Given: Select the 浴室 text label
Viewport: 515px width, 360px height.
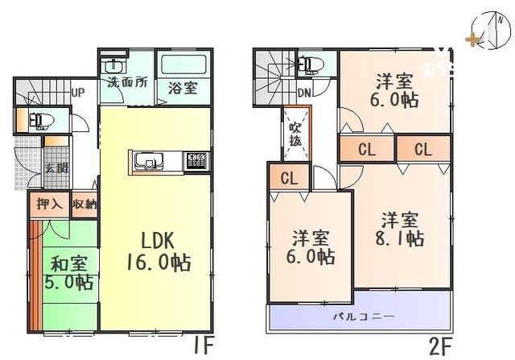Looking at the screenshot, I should (182, 88).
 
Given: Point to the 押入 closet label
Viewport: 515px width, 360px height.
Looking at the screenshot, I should (49, 204).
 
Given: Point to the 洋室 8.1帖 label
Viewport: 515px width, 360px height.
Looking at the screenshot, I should (401, 229).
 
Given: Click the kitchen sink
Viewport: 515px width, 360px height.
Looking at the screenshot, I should (147, 161).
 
